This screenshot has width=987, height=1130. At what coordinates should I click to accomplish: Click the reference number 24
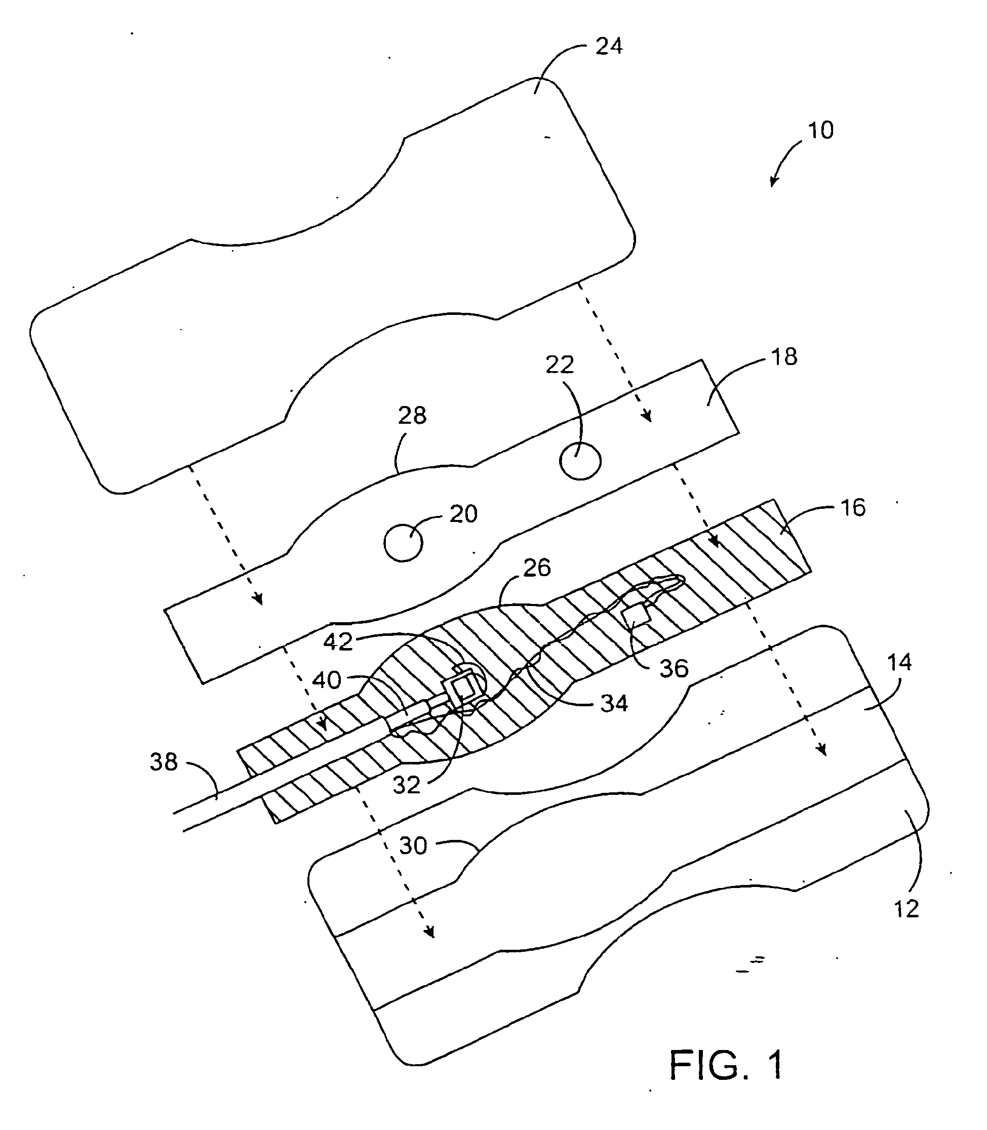click(x=609, y=46)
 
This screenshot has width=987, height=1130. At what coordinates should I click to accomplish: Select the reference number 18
click(x=784, y=357)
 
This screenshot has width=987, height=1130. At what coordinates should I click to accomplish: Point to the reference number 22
click(x=560, y=365)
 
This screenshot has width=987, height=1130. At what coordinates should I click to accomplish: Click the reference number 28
click(x=412, y=416)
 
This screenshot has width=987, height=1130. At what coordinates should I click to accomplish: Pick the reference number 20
click(x=463, y=514)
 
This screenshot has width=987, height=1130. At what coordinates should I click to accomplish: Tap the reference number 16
click(x=853, y=507)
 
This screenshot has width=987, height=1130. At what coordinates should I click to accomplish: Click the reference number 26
click(x=536, y=567)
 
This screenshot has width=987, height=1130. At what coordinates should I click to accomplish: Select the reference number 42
click(x=338, y=642)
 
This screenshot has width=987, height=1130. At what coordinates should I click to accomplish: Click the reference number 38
click(x=164, y=762)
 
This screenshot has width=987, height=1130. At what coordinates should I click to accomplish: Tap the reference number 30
click(x=413, y=845)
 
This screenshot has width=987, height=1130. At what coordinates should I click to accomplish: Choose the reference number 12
click(x=906, y=909)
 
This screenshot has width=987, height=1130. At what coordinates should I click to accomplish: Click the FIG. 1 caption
click(x=726, y=1065)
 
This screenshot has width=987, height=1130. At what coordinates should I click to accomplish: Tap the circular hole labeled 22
click(x=580, y=462)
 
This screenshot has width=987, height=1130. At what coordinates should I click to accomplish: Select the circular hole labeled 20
click(x=403, y=543)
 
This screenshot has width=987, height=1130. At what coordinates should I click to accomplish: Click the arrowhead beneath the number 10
click(x=773, y=182)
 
